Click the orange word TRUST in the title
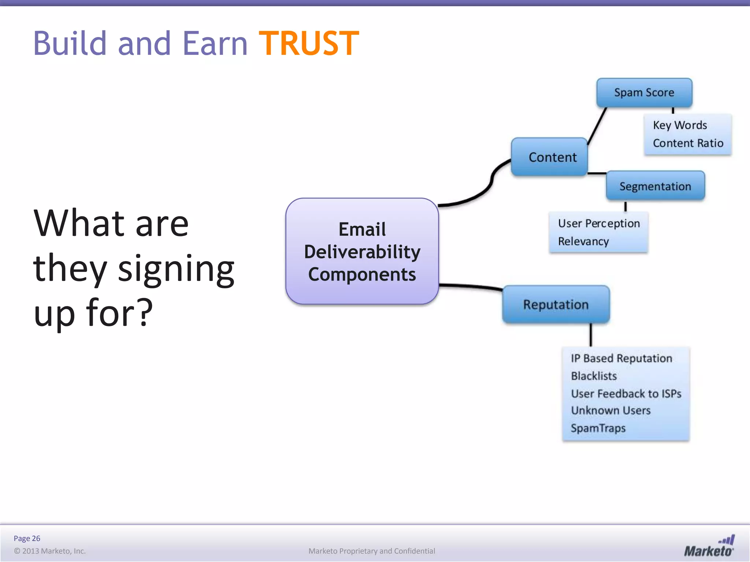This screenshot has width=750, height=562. coord(309,44)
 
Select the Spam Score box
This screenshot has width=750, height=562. coord(644,93)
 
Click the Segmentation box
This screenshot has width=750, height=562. coord(655,186)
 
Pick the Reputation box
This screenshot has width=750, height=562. coord(556,305)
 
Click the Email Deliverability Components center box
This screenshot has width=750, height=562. coord(362,252)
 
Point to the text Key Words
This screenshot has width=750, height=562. coord(680,125)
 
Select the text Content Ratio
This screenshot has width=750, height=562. coord(688,143)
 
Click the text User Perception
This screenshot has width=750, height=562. coord(598,223)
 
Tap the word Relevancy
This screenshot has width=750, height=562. coord(583,241)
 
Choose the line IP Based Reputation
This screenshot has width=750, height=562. coord(621,358)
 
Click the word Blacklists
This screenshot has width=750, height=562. coord(594,376)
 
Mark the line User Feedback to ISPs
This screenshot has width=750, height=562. coord(625,394)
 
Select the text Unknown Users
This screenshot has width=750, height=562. coord(610,411)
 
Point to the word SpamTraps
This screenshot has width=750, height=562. coord(598,428)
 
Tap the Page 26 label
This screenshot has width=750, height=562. coord(27,538)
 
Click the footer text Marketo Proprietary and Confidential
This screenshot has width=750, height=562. coord(371,551)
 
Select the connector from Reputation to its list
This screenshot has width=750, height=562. coord(590,335)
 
